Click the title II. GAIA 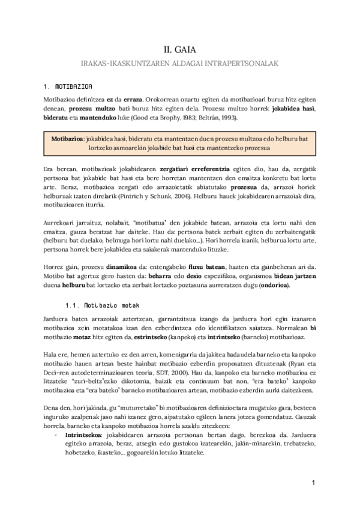pos(179,50)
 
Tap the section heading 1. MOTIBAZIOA pos(68,86)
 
